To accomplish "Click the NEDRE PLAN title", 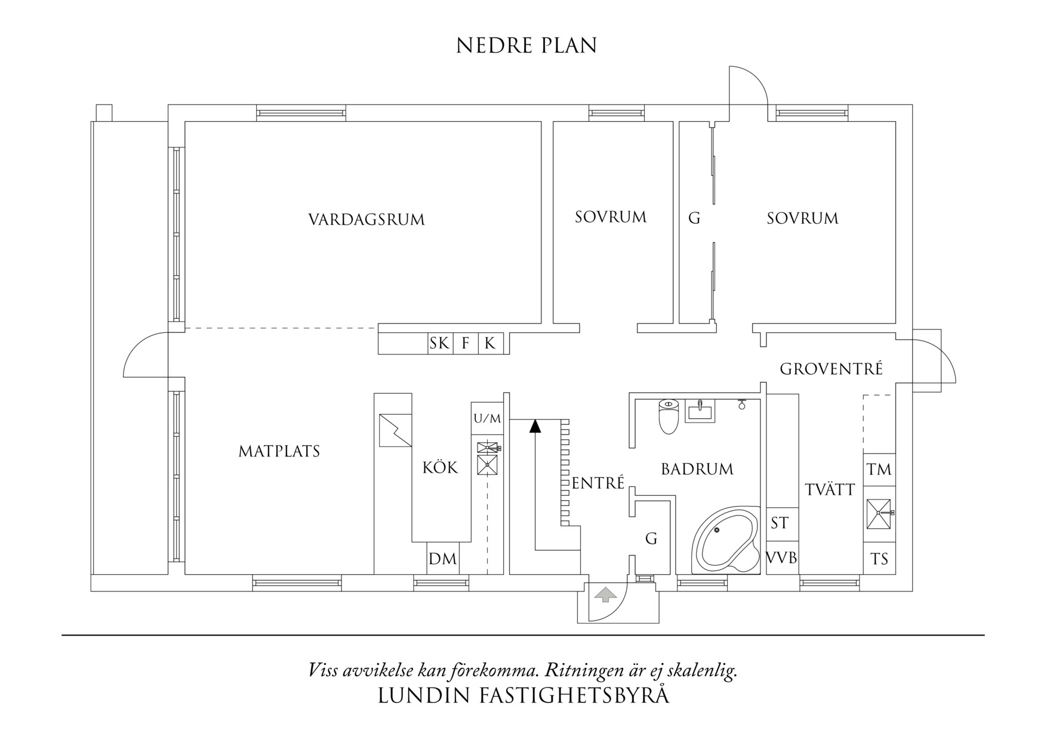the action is click(x=526, y=46).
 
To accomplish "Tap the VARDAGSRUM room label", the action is click(x=367, y=220).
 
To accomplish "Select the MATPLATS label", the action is click(x=279, y=451).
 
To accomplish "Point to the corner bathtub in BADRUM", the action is click(x=726, y=541).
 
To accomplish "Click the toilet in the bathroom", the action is click(x=669, y=415).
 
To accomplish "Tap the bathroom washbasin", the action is click(x=700, y=411).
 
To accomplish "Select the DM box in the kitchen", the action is click(x=443, y=559).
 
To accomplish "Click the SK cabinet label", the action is click(x=439, y=343).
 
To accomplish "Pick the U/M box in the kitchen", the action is click(x=488, y=418).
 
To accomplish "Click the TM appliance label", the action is click(x=879, y=470).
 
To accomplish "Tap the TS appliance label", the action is click(x=879, y=559).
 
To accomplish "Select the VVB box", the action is click(x=782, y=558).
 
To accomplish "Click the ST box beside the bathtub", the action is click(x=780, y=523).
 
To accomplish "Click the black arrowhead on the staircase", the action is click(x=535, y=425).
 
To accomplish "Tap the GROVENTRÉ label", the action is click(x=831, y=369).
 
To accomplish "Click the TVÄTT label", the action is click(x=830, y=489).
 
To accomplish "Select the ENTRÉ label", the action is click(x=598, y=483).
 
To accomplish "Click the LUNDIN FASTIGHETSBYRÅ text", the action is click(x=523, y=696).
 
